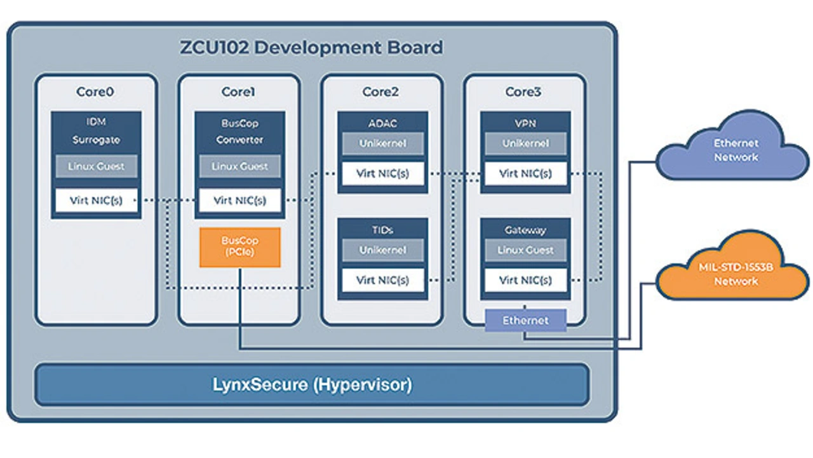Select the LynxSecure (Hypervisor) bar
click(311, 384)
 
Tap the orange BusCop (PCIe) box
click(239, 247)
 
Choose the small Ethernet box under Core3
click(525, 320)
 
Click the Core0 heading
click(95, 92)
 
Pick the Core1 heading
click(238, 92)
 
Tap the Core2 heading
click(381, 92)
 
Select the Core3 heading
click(523, 92)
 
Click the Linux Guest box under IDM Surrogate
click(96, 166)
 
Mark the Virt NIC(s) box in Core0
click(96, 201)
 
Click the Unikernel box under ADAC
click(382, 144)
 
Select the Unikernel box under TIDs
click(382, 250)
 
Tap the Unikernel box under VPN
click(525, 144)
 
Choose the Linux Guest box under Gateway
click(525, 250)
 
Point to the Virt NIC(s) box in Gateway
click(525, 280)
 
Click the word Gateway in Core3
click(525, 230)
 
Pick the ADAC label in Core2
click(382, 123)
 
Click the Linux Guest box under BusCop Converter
click(239, 166)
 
